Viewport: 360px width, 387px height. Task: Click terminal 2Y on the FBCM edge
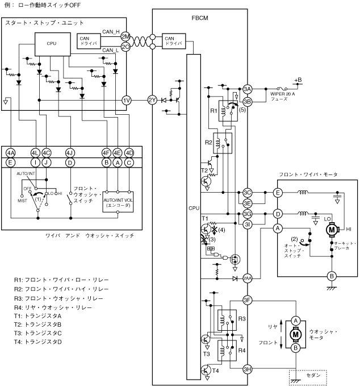pyautogui.click(x=152, y=100)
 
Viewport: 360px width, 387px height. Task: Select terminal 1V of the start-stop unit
pyautogui.click(x=127, y=100)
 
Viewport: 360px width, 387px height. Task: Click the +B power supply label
pyautogui.click(x=298, y=80)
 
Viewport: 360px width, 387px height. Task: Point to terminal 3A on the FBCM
pyautogui.click(x=247, y=89)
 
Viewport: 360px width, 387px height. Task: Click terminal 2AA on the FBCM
pyautogui.click(x=247, y=279)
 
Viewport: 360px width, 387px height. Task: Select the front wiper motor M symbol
pyautogui.click(x=332, y=230)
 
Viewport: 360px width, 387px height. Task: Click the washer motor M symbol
pyautogui.click(x=296, y=334)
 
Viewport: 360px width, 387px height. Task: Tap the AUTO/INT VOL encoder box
pyautogui.click(x=118, y=202)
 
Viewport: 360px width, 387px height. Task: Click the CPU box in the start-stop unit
pyautogui.click(x=52, y=44)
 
